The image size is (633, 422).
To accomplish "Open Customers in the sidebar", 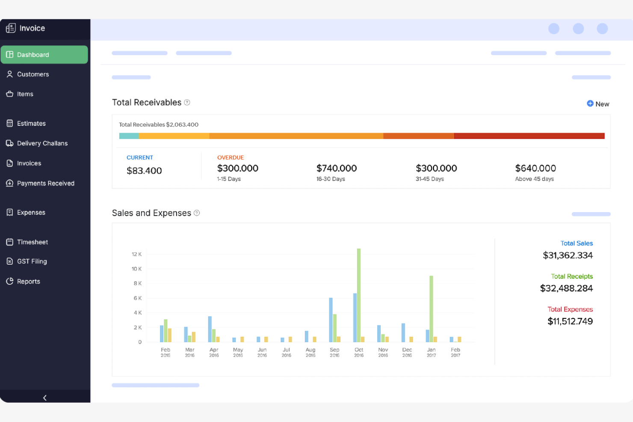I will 33,74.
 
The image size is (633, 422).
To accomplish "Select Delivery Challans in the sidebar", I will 42,143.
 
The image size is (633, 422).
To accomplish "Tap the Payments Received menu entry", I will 45,183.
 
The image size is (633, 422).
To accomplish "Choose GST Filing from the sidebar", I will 32,261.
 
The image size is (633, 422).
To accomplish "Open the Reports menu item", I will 29,281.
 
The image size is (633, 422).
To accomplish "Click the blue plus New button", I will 598,104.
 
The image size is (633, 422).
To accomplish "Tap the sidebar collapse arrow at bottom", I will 45,398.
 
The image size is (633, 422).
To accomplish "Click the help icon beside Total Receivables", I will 187,103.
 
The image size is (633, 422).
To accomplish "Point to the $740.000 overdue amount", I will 336,168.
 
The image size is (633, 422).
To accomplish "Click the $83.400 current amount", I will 144,171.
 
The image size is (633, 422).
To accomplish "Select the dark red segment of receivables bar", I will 529,136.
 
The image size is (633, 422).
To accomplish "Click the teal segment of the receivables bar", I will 129,136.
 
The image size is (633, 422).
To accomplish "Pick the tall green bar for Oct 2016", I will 359,295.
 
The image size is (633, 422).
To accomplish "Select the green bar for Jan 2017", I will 431,309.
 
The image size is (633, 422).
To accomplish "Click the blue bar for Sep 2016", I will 331,320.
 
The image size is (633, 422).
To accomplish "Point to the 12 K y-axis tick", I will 136,254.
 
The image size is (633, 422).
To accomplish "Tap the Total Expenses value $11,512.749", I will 570,322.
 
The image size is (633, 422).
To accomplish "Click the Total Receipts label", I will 571,277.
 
